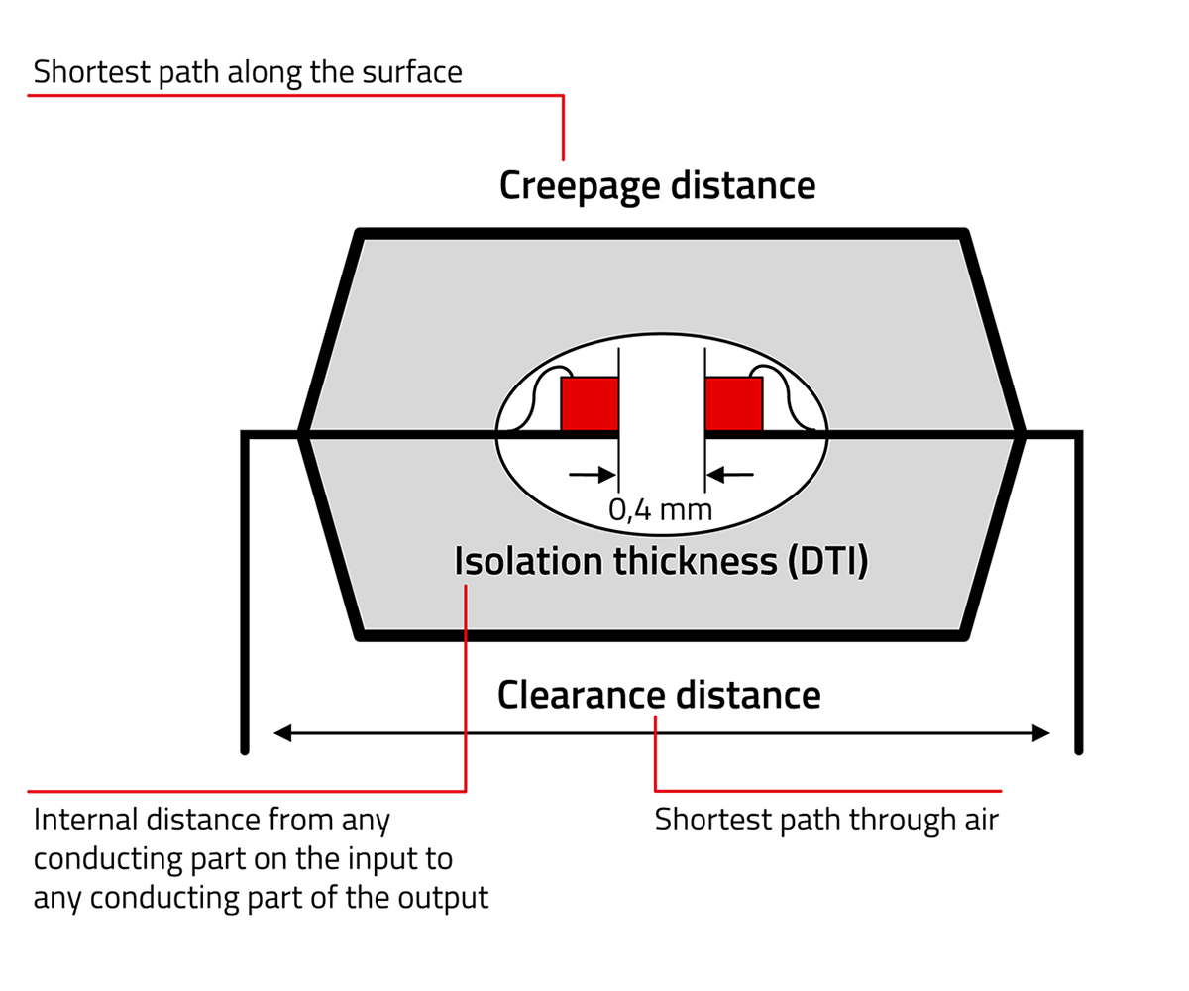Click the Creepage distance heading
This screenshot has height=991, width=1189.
coord(657,186)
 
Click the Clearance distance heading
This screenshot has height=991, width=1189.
coord(659,695)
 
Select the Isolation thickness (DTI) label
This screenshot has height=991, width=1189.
coord(661,561)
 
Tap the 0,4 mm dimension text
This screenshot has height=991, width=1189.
coord(660,510)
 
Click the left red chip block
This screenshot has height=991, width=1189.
coord(590,403)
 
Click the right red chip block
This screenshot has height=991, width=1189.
coord(733,403)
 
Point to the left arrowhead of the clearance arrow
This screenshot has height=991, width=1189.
coord(282,733)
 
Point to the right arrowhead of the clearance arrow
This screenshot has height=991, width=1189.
coord(1040,733)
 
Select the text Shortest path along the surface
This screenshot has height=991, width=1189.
coord(248,72)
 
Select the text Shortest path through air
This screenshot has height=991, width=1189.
coord(826,821)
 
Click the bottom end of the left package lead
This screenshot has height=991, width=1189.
coord(245,748)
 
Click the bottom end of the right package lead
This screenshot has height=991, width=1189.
coord(1079,748)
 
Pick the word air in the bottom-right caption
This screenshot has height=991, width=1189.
coord(980,821)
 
